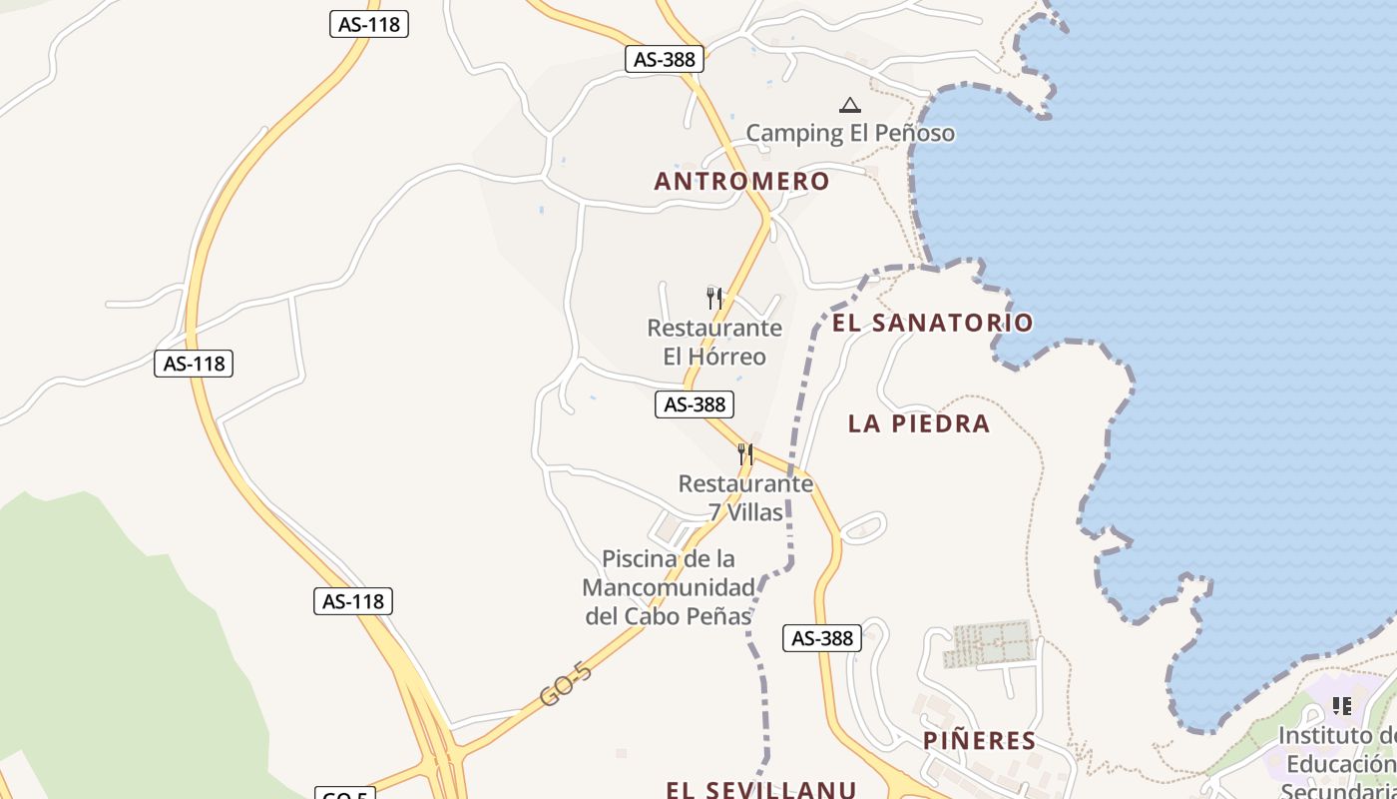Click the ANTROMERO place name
(741, 181)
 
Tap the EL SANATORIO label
(932, 323)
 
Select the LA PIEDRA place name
(919, 423)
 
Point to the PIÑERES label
(979, 741)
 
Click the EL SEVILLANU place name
(761, 789)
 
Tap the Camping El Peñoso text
(850, 133)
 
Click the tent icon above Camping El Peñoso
(849, 105)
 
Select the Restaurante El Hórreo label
(714, 343)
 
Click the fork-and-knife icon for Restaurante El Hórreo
(714, 298)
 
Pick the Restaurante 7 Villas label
(745, 498)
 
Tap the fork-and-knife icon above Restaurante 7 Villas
(745, 454)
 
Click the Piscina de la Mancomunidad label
(669, 587)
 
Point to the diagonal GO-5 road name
(566, 684)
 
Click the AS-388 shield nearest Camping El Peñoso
(665, 59)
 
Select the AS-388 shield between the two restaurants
(695, 404)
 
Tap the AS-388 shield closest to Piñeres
(821, 638)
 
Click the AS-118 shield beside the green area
(353, 601)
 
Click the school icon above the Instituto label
(1342, 706)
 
